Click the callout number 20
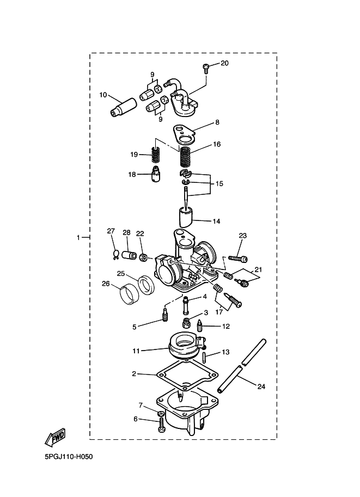[x=224, y=63]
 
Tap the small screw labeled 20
[x=206, y=67]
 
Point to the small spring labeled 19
[x=156, y=156]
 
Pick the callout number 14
[x=216, y=222]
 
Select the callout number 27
[x=111, y=231]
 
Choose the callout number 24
[x=261, y=387]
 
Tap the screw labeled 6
[x=162, y=427]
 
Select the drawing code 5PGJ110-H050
[x=69, y=457]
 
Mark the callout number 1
[x=78, y=237]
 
